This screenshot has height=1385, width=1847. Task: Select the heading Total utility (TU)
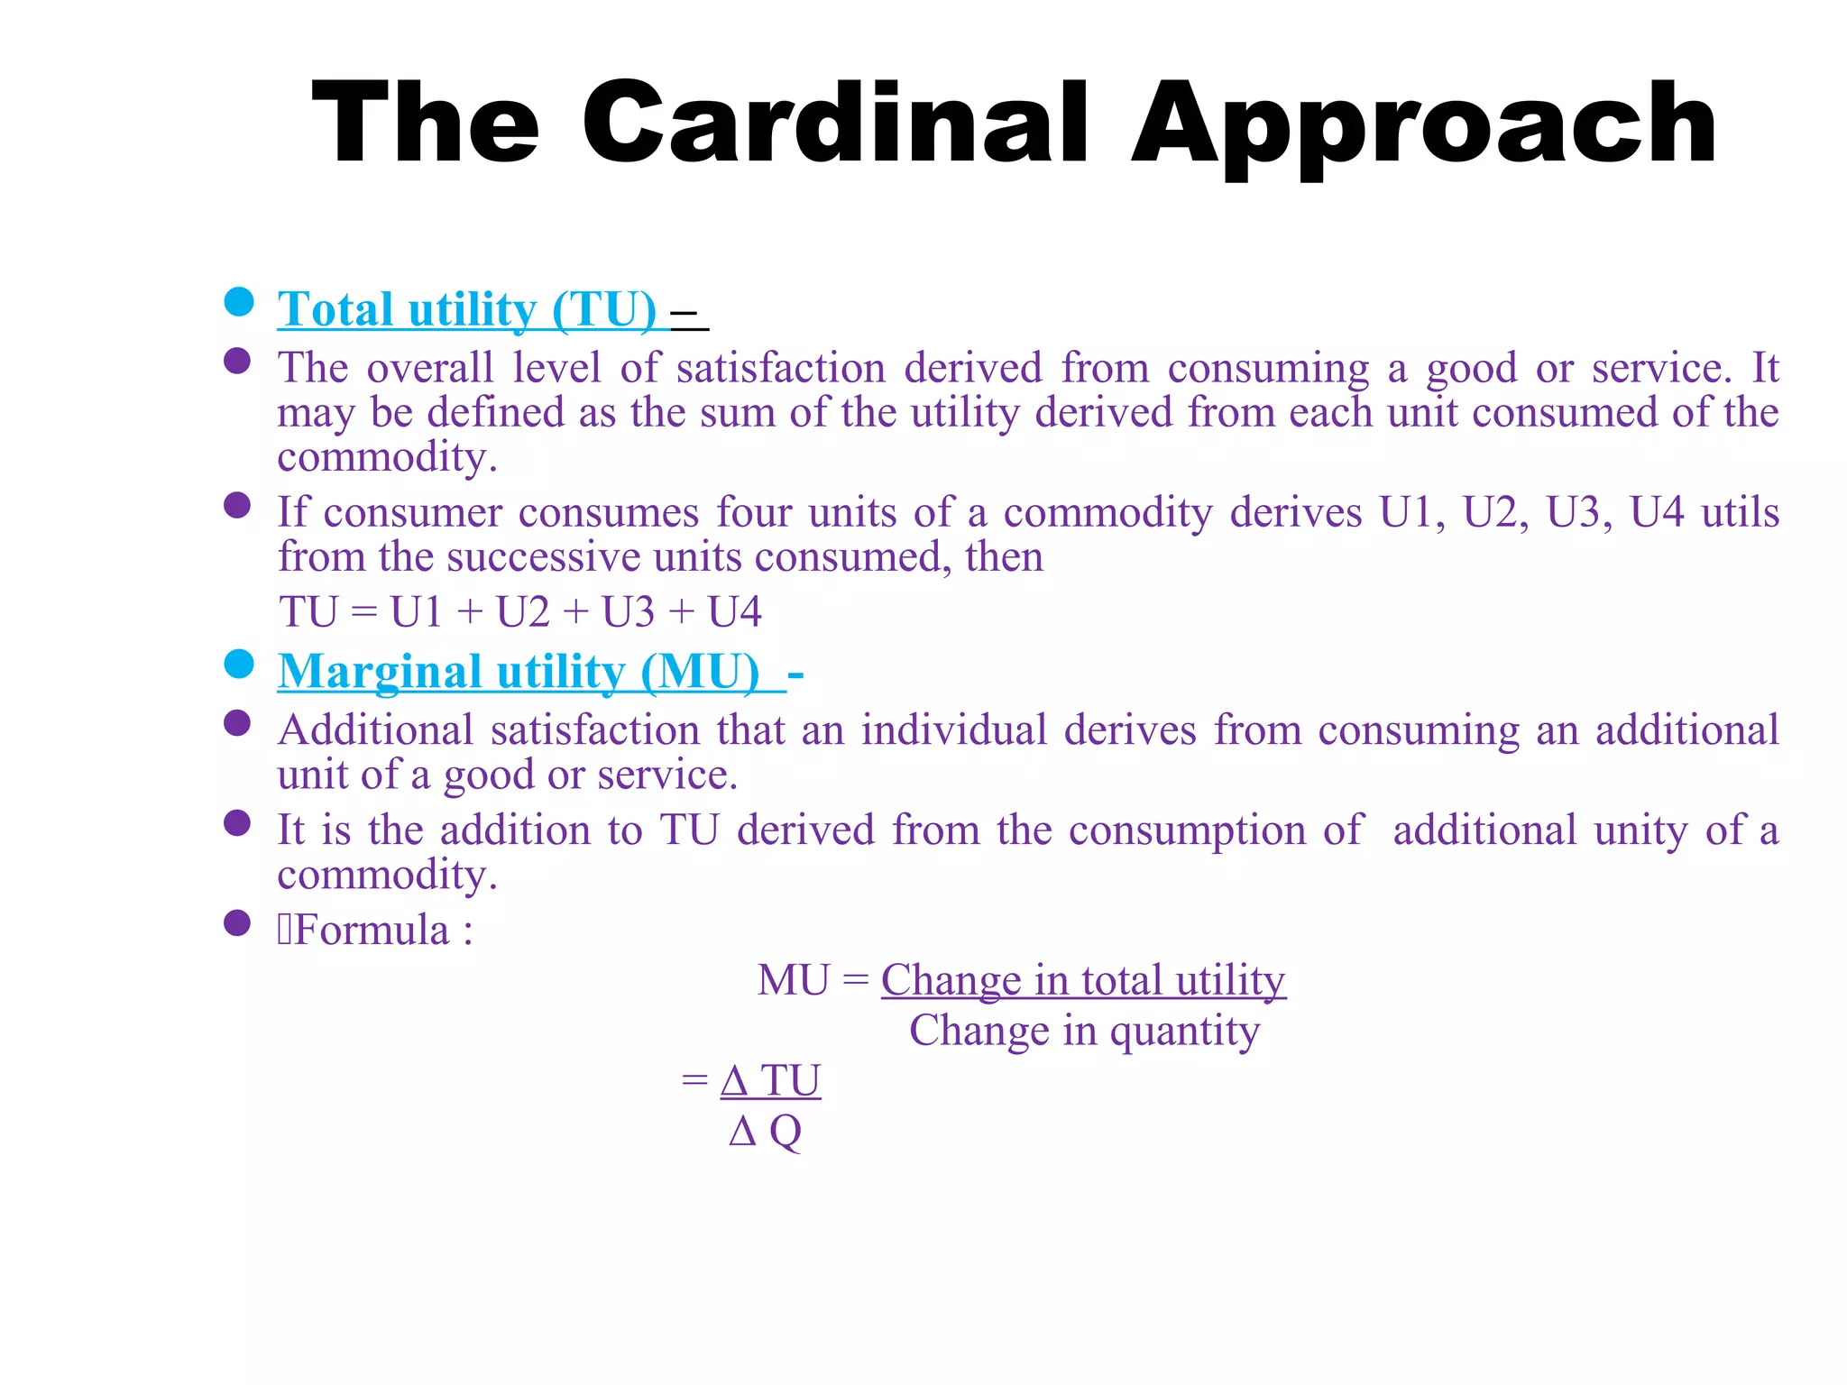pyautogui.click(x=467, y=309)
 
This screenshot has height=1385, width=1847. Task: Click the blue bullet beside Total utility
pyautogui.click(x=239, y=302)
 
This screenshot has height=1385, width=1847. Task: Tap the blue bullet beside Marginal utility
pyautogui.click(x=239, y=665)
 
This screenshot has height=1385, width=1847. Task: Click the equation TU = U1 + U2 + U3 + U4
pyautogui.click(x=520, y=612)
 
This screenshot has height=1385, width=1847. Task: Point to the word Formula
pyautogui.click(x=372, y=930)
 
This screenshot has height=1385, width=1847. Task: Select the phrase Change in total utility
pyautogui.click(x=1083, y=980)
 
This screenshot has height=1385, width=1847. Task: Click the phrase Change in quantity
pyautogui.click(x=1084, y=1031)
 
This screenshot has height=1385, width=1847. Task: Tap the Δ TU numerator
pyautogui.click(x=770, y=1080)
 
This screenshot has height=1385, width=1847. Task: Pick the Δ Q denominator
pyautogui.click(x=765, y=1131)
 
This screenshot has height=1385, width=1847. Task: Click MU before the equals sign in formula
pyautogui.click(x=793, y=980)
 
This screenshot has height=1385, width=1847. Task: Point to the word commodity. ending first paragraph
pyautogui.click(x=387, y=457)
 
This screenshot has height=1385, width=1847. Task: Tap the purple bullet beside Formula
pyautogui.click(x=237, y=923)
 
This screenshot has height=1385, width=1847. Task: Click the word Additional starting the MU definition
pyautogui.click(x=375, y=729)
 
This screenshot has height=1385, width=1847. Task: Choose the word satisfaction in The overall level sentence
pyautogui.click(x=781, y=368)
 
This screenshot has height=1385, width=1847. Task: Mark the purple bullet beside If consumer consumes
pyautogui.click(x=237, y=506)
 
